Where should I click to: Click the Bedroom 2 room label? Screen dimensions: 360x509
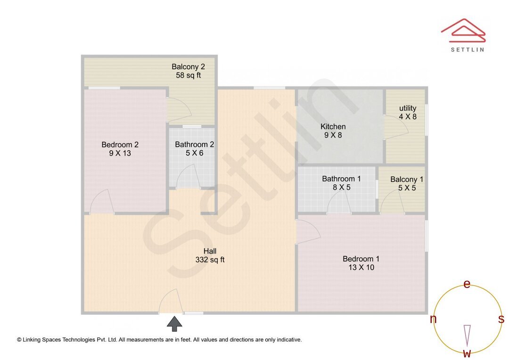coord(120,149)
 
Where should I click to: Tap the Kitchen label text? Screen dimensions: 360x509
coord(333,131)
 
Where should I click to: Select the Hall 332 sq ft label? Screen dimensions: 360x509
coord(210,255)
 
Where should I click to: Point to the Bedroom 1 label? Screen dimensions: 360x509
coord(361,263)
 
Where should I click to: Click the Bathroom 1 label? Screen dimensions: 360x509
coord(341,183)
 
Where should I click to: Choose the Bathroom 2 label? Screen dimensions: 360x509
coord(194,148)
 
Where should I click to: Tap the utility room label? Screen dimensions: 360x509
coord(408,112)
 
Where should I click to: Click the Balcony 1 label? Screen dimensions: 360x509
coord(407,183)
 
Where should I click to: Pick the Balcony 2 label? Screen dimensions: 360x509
coord(188,71)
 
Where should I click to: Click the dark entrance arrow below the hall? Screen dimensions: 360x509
coord(175,324)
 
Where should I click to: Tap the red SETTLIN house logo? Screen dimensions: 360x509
coord(463,29)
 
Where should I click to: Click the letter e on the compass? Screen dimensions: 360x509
coord(467,284)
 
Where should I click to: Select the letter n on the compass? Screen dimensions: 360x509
coord(433,319)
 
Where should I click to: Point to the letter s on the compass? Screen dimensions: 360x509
coord(501,319)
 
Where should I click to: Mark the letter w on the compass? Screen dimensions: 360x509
coord(467,353)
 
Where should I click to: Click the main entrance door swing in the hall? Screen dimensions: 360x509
coord(170,302)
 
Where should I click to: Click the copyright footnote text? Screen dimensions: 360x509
coord(159,339)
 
